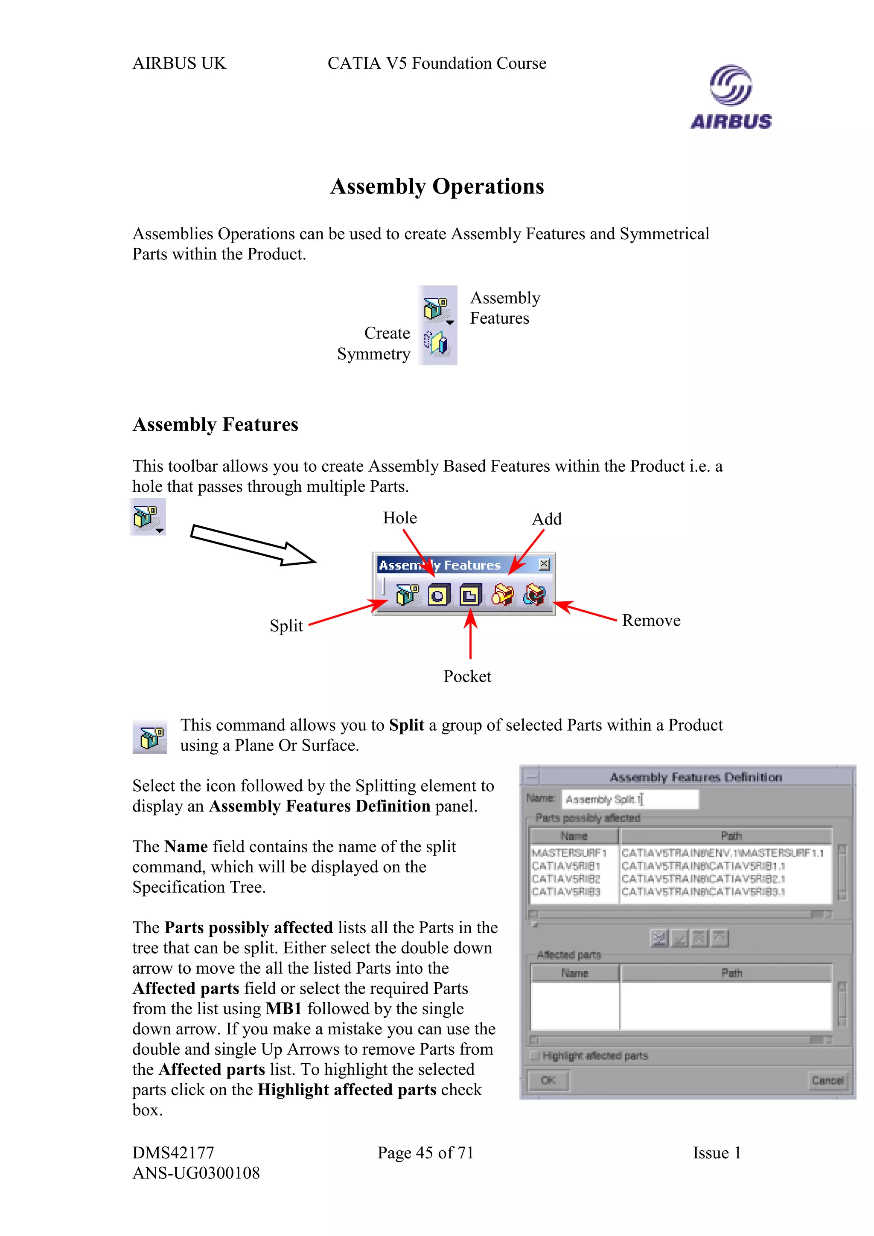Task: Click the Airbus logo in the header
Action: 731,97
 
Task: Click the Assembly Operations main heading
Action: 437,186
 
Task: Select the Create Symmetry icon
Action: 436,343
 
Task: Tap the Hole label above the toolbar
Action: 399,518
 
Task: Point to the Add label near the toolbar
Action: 547,519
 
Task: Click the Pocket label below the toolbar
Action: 467,676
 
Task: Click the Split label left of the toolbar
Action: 286,626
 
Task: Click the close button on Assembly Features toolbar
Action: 544,564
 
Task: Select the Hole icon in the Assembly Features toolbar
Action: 438,595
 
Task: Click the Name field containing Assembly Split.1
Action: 629,799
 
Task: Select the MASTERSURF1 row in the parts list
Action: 569,853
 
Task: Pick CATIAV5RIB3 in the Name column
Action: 566,892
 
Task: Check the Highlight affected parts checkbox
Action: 535,1056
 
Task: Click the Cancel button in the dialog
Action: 827,1080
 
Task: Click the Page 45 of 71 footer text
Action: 425,1152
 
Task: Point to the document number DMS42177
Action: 173,1152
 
